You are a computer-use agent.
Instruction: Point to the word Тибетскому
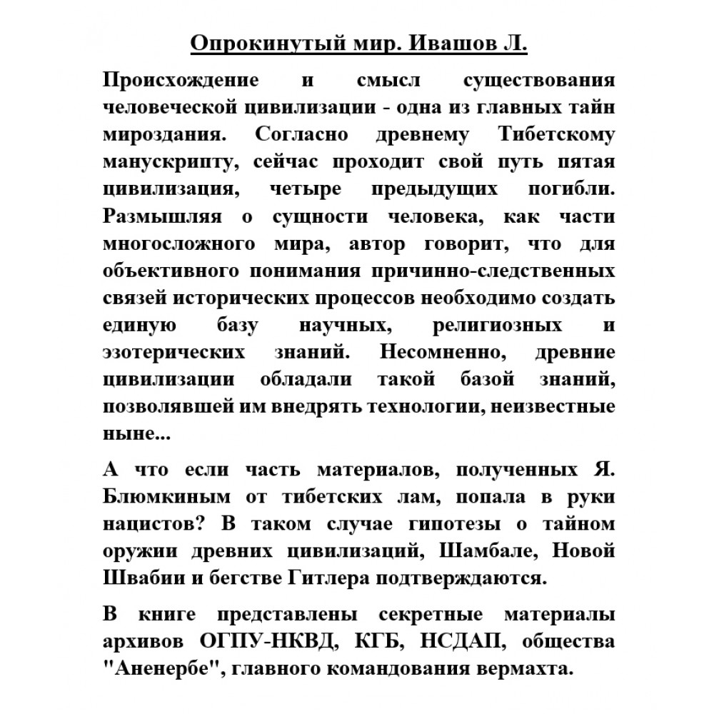click(x=555, y=135)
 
